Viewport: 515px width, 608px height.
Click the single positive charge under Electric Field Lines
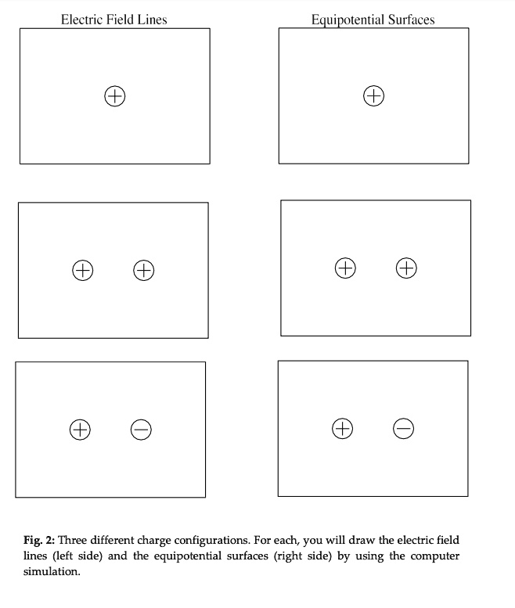[x=115, y=96]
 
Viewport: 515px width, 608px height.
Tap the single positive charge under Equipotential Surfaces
[x=374, y=96]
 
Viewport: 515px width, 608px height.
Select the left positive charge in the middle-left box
[x=82, y=271]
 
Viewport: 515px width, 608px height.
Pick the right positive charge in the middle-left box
[x=143, y=271]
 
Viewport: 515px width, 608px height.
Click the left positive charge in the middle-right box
[x=345, y=268]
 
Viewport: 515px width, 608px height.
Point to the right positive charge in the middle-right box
[x=406, y=268]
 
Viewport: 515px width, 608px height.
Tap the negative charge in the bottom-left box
[x=141, y=429]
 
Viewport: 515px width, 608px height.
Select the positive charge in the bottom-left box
[x=80, y=429]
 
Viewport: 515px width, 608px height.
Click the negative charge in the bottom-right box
[x=403, y=428]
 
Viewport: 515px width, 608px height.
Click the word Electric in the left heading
[x=81, y=19]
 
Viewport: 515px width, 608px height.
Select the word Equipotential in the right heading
[x=348, y=20]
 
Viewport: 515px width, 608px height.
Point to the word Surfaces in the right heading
[x=411, y=20]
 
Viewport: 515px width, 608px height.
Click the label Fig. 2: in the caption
[x=38, y=541]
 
